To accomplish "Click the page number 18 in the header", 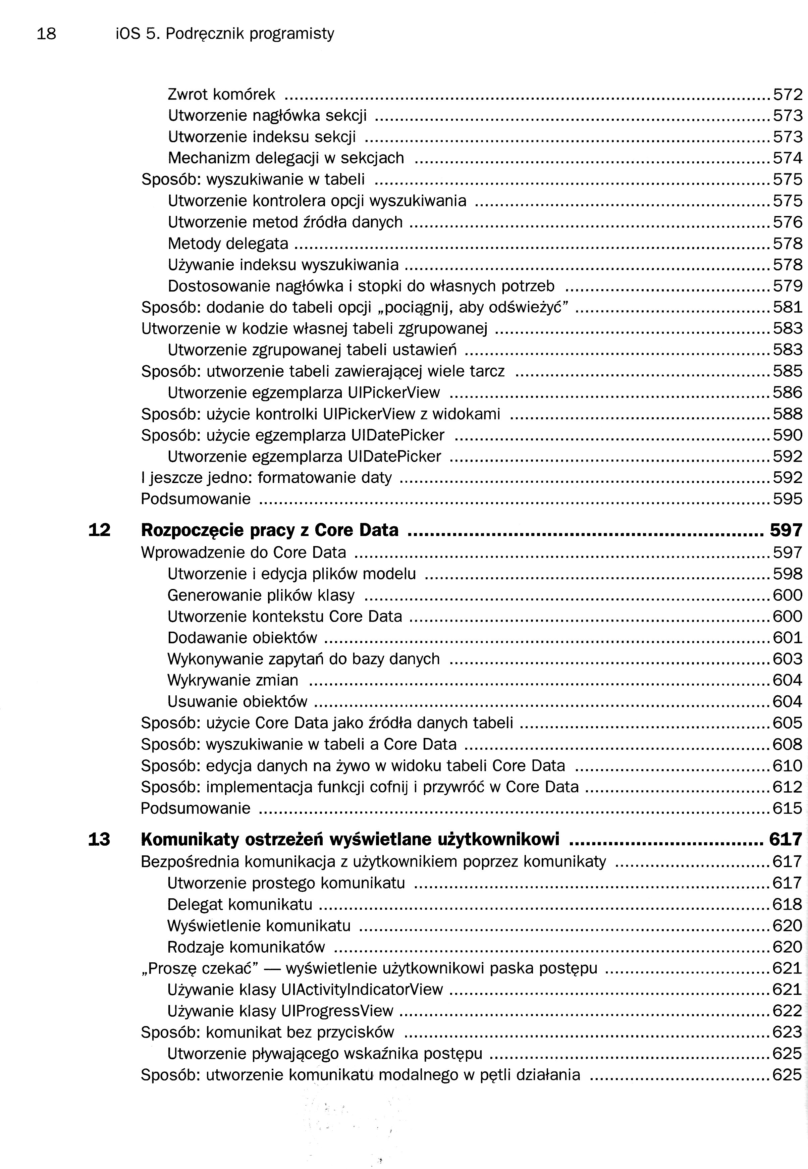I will (x=47, y=34).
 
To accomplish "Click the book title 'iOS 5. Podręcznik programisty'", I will (x=225, y=34).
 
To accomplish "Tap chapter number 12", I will (x=99, y=530).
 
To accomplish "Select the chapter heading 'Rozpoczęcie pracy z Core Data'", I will (x=269, y=530).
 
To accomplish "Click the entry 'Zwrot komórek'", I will (x=221, y=95).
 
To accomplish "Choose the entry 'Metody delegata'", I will (x=228, y=244).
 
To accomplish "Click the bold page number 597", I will (x=786, y=530).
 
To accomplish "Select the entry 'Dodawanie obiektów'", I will (x=242, y=637).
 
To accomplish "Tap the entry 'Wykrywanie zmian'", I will (x=233, y=680).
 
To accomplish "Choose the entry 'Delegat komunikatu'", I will (x=239, y=904).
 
